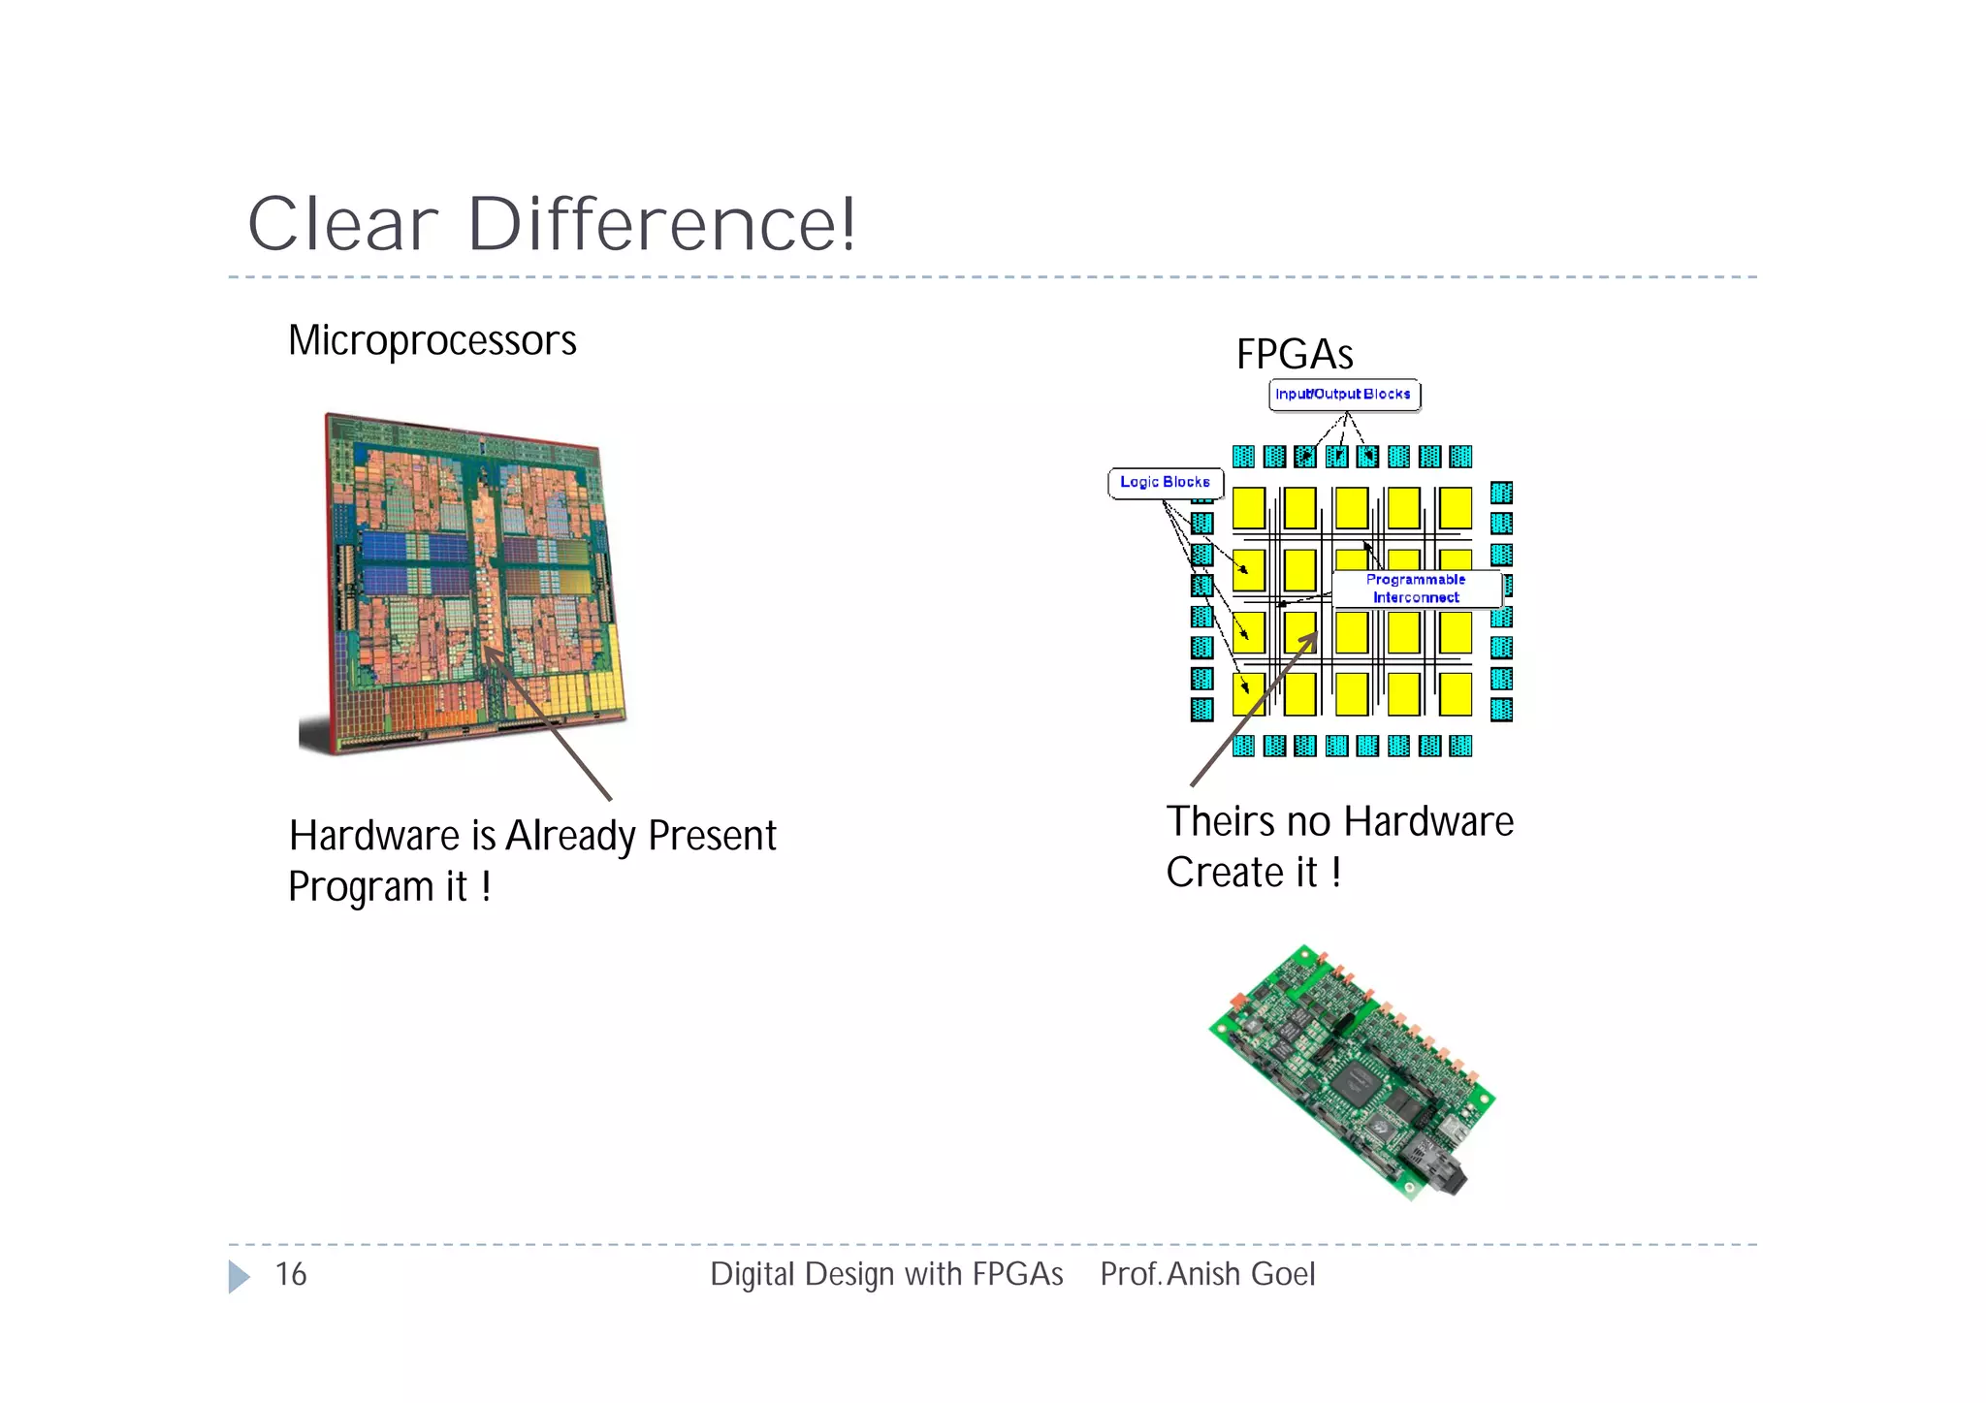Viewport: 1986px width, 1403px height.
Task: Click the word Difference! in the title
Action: (x=662, y=225)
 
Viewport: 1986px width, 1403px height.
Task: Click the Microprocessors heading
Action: (x=432, y=341)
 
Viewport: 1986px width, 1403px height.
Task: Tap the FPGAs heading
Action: (x=1294, y=355)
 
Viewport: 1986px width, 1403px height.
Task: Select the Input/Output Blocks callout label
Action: (x=1343, y=395)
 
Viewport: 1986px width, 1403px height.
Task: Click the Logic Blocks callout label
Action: (x=1165, y=482)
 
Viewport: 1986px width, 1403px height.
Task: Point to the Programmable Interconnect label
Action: (x=1416, y=589)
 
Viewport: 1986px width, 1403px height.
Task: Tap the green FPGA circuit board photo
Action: (x=1353, y=1071)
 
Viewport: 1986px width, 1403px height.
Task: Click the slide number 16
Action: (x=291, y=1274)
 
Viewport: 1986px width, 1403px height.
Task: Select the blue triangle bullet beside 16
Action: (x=239, y=1276)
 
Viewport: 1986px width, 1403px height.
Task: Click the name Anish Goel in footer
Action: (x=1241, y=1274)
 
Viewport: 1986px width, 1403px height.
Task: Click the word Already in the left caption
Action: (x=570, y=836)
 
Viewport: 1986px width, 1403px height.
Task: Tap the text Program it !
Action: (x=390, y=887)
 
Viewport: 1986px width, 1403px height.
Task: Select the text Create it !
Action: (x=1253, y=873)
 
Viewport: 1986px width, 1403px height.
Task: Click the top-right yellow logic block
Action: (x=1455, y=507)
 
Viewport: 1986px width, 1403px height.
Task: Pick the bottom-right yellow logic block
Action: (x=1455, y=694)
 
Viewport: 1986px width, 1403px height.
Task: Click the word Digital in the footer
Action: (x=753, y=1274)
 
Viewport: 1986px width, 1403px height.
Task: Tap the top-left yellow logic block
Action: (x=1248, y=507)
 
